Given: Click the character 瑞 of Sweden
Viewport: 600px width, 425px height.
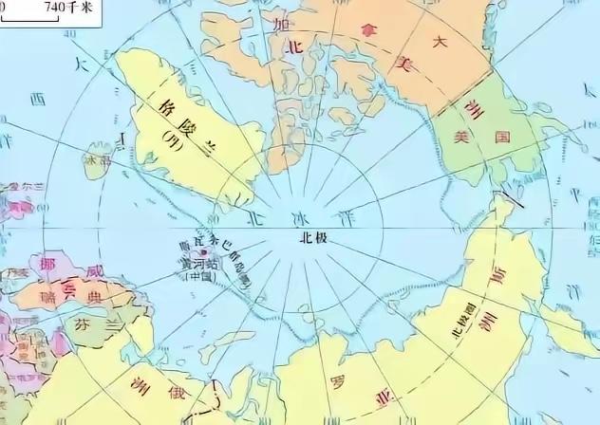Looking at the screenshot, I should [47, 297].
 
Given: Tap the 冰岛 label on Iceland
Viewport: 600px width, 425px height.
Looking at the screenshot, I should [98, 162].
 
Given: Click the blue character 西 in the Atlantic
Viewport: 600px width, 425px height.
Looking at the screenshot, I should [38, 99].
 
